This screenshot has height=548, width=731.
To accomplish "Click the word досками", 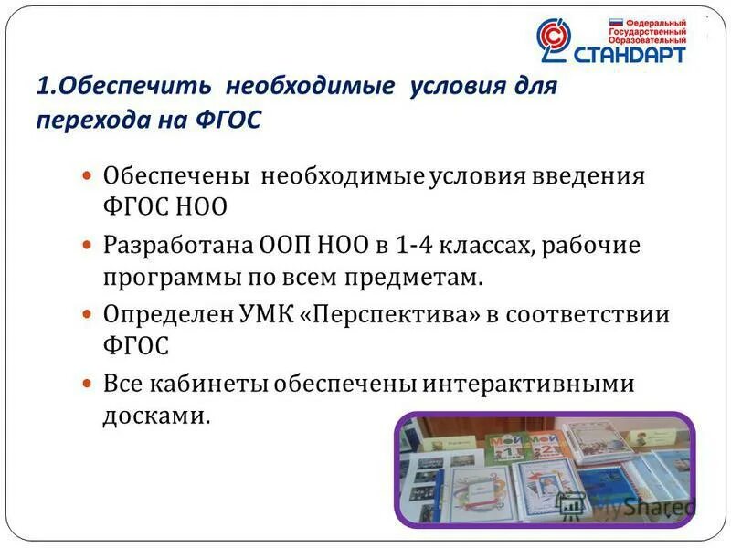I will point(156,416).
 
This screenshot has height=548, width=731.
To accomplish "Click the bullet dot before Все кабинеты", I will point(89,385).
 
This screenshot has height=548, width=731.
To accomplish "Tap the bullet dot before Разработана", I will point(89,246).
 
